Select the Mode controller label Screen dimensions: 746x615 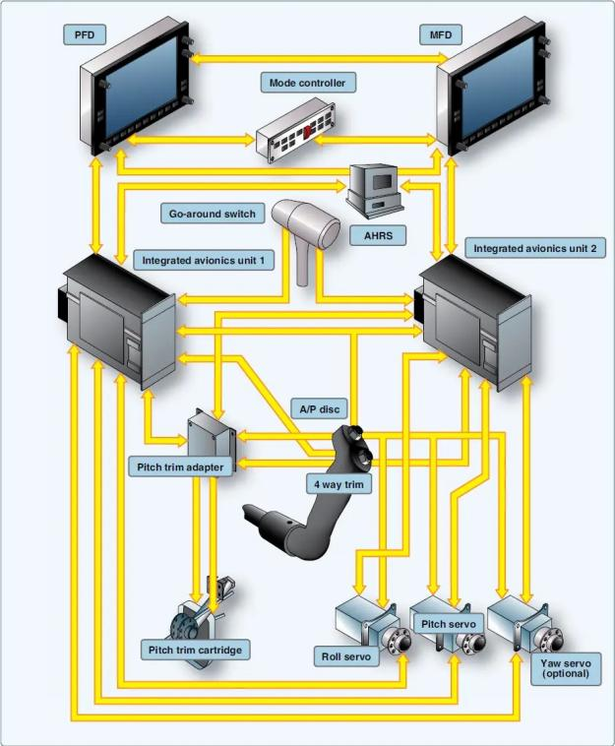tap(307, 83)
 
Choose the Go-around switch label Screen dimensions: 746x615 tap(212, 214)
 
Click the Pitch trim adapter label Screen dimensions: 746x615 tap(180, 466)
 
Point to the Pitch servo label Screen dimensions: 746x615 tap(448, 624)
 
